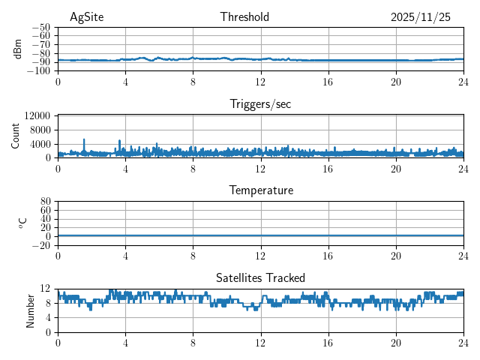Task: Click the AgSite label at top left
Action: tap(86, 17)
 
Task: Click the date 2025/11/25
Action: tap(421, 17)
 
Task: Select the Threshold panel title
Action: tap(244, 17)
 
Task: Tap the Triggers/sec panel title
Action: tap(260, 104)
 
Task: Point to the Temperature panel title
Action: tap(260, 190)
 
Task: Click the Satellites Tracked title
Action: tap(260, 277)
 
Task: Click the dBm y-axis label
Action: tap(18, 49)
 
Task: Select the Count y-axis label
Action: tap(15, 136)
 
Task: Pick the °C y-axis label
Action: tap(22, 223)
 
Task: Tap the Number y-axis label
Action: tap(30, 310)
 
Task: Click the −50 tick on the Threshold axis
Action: tap(41, 27)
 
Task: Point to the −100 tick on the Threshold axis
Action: tap(39, 70)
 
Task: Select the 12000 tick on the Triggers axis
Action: tap(37, 115)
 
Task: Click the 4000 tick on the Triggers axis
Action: tap(40, 144)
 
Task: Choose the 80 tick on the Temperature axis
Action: tap(46, 201)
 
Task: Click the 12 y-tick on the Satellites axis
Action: tap(46, 289)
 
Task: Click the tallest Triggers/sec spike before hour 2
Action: tap(84, 140)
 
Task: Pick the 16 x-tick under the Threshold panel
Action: tap(328, 81)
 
